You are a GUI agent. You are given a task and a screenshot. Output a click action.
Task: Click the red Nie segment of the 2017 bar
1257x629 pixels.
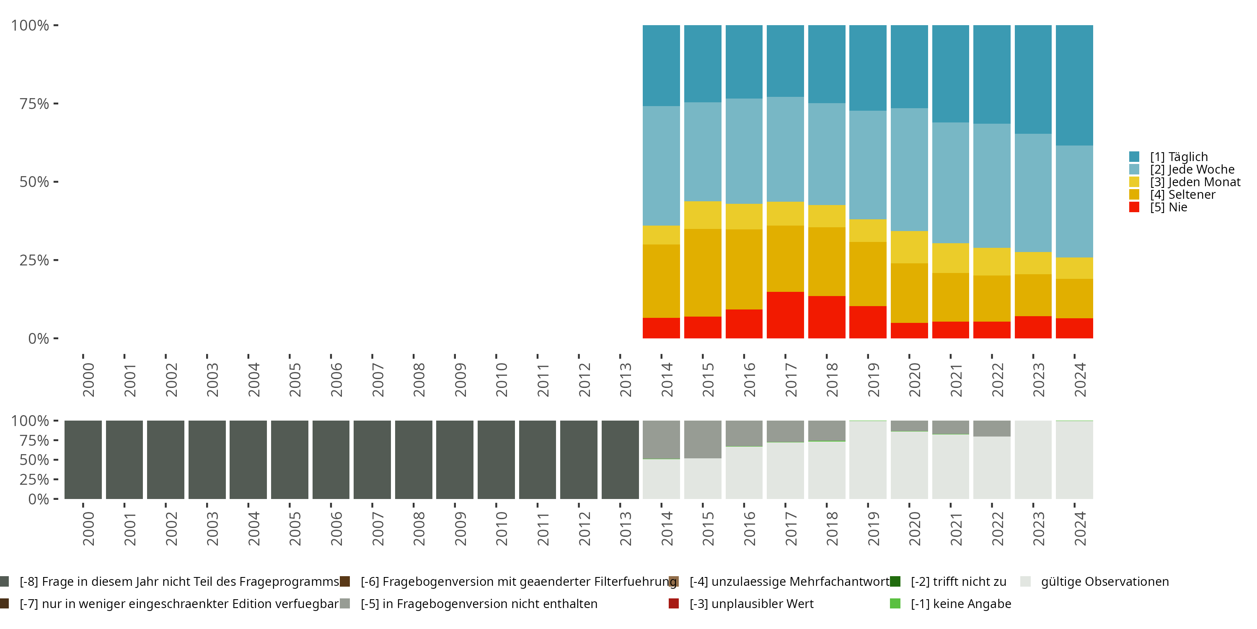pos(785,315)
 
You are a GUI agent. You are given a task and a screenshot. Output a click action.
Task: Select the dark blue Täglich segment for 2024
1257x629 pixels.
pos(1074,86)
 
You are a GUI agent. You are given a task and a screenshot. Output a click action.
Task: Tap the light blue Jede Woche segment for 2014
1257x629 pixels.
pos(661,166)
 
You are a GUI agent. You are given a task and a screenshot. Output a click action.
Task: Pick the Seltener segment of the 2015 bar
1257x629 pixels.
pos(703,273)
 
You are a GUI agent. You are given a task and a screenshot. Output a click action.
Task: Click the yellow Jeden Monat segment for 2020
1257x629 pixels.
pos(909,247)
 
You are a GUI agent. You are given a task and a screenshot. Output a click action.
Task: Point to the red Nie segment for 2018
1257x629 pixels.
pos(827,317)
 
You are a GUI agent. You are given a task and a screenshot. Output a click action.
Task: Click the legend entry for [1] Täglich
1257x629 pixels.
pos(1169,157)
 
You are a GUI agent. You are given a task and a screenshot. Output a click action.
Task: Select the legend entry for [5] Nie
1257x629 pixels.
pos(1159,207)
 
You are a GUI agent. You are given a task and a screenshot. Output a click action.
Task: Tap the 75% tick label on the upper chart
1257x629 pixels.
pos(34,104)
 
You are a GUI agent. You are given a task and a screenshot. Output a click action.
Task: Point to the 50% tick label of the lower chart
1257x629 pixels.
pos(34,460)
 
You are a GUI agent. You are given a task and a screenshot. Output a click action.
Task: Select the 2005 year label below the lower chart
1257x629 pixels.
pos(295,528)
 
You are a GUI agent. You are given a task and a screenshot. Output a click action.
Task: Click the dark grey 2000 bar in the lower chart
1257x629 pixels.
pos(83,460)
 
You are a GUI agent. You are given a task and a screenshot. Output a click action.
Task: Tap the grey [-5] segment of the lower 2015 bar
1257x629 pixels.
pos(703,439)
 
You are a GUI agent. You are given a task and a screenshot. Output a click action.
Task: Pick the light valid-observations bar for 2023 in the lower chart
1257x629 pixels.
pos(1033,460)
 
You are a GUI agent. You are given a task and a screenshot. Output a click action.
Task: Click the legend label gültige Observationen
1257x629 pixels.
pos(1105,582)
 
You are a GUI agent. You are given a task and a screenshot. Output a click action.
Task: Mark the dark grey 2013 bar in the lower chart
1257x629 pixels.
pos(620,460)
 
